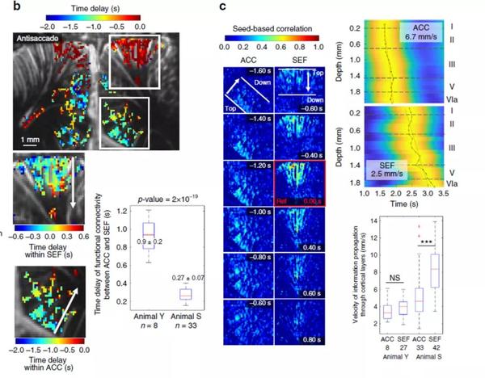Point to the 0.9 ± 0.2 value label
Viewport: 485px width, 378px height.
click(x=149, y=241)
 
